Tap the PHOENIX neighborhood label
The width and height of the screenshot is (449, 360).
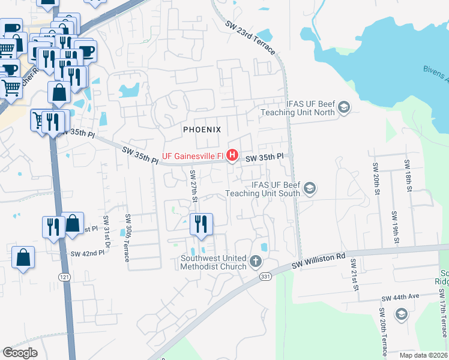(x=202, y=130)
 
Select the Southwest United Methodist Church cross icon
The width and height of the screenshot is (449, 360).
(x=256, y=262)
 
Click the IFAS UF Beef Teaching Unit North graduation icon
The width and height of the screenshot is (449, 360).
(x=344, y=108)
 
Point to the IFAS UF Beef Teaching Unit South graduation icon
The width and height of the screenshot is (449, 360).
(x=309, y=189)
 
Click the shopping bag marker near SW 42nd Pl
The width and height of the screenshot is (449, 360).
(x=23, y=258)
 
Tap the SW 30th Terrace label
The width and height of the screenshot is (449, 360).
(x=127, y=238)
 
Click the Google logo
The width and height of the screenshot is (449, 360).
(x=20, y=353)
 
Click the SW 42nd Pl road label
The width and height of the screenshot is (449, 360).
(x=88, y=254)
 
